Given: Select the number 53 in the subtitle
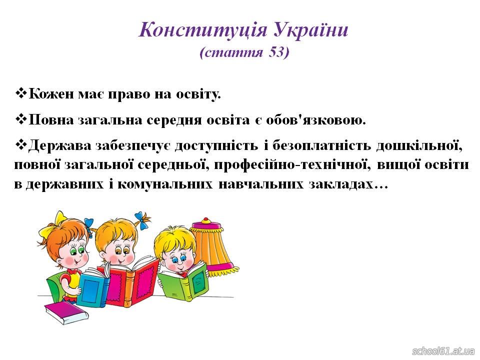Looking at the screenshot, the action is [276, 52].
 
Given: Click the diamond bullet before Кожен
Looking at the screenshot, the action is [21, 93].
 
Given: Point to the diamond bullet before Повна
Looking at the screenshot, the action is [21, 119].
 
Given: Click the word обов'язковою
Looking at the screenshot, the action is [316, 119].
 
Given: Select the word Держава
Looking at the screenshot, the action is [60, 145].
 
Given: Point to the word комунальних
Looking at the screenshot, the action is [164, 184].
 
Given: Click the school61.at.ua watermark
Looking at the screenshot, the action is [443, 351].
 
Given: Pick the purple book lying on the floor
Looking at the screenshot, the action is [66, 312].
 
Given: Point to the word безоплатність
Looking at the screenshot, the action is [321, 145].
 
